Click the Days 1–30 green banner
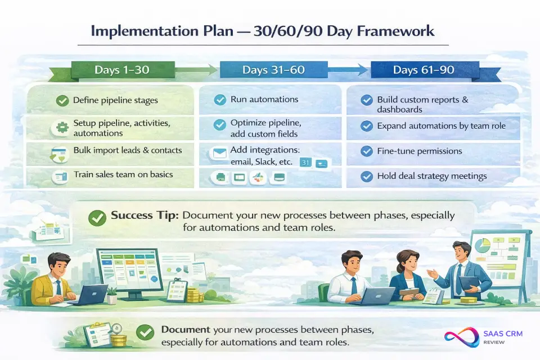[123, 70]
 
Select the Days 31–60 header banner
[273, 70]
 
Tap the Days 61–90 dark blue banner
[424, 70]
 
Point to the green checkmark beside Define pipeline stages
[62, 101]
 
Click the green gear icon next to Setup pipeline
[62, 128]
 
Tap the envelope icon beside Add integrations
[219, 152]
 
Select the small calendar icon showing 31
[305, 162]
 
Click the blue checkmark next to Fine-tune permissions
[366, 151]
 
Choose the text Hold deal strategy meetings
[432, 176]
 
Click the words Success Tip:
[145, 215]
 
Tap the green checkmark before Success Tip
[97, 218]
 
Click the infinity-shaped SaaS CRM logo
[461, 337]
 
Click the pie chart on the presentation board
[482, 245]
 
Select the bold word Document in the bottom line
[186, 330]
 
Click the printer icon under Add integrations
[220, 177]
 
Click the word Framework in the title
[395, 31]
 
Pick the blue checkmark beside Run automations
[220, 100]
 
